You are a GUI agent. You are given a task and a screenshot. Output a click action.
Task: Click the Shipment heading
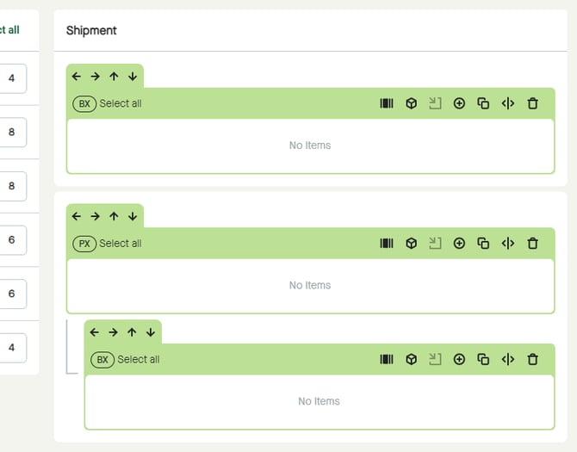[91, 30]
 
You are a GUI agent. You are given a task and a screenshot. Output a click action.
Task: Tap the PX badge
[84, 244]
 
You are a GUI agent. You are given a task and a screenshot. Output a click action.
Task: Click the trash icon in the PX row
[532, 244]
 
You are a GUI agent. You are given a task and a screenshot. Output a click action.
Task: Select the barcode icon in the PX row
[387, 244]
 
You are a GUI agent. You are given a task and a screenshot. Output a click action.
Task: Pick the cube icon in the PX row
[412, 244]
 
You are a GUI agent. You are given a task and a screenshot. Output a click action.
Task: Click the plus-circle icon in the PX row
[459, 244]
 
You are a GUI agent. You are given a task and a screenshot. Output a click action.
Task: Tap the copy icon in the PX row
[483, 244]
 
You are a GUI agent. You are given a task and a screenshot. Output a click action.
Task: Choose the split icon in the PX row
[508, 244]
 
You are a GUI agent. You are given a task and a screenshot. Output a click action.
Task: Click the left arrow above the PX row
[77, 216]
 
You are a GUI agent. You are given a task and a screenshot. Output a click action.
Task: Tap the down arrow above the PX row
[133, 216]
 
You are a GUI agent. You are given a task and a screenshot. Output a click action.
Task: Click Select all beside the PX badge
[121, 244]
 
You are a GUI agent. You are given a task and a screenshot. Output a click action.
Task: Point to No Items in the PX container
[310, 285]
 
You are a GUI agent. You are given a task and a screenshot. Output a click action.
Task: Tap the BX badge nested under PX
[102, 360]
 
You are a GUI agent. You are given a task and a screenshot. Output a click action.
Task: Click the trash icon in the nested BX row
[532, 360]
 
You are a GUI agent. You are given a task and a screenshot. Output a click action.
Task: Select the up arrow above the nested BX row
[132, 332]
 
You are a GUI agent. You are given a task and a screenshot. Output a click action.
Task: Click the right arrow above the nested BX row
[113, 332]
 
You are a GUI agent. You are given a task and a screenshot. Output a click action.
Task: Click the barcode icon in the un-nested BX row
[387, 103]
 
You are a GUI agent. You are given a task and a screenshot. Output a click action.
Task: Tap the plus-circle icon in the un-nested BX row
[459, 103]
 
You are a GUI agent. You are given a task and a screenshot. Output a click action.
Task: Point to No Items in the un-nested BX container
[310, 146]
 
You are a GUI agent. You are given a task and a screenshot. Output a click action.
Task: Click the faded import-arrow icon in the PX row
[435, 244]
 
